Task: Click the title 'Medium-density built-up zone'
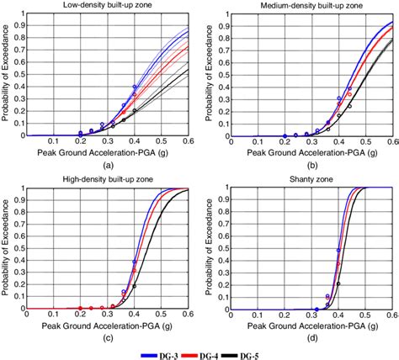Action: click(x=311, y=6)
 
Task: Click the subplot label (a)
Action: click(x=109, y=167)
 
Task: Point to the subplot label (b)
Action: click(x=311, y=167)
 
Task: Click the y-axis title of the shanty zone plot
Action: click(x=208, y=249)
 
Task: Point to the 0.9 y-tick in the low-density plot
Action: click(x=21, y=25)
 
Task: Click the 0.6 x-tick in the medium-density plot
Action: click(x=391, y=143)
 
